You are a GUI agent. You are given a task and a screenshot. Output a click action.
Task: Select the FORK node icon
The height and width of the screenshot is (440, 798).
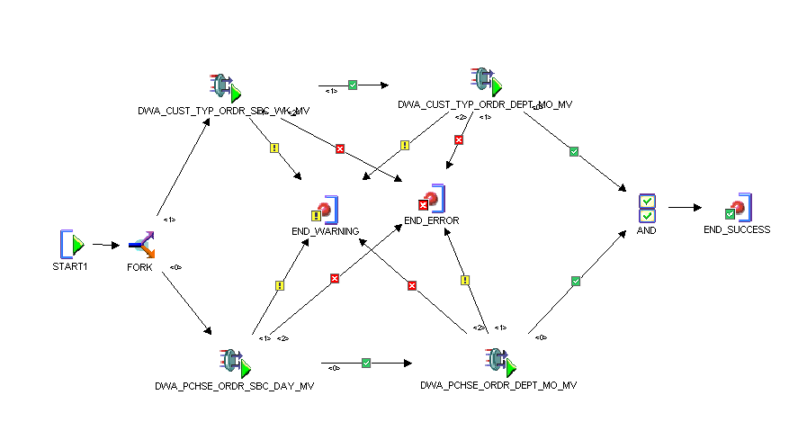(x=141, y=244)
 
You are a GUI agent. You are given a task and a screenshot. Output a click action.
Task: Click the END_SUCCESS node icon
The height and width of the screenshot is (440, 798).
(x=739, y=208)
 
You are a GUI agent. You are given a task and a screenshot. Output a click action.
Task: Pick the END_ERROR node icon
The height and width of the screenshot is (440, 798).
(x=432, y=199)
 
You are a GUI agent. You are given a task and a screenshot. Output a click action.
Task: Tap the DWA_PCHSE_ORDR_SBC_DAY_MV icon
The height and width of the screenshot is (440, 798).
(x=233, y=364)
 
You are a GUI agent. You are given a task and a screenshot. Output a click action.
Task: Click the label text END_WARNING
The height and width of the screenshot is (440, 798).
(x=325, y=231)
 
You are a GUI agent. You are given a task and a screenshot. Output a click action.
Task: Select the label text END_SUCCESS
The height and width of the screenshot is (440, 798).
(x=737, y=229)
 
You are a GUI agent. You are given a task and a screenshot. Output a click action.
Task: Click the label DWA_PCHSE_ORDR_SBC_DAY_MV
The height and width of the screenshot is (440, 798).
(x=234, y=387)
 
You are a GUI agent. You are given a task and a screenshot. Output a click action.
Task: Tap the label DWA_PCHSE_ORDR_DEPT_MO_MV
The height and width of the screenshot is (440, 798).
(x=498, y=385)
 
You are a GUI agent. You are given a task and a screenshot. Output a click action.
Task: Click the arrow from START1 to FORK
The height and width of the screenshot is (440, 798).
(x=105, y=244)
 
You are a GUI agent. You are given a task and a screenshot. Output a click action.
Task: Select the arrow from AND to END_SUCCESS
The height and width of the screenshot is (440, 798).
(x=686, y=207)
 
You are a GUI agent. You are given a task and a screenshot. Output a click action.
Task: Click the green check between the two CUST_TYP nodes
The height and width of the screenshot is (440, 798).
(x=353, y=85)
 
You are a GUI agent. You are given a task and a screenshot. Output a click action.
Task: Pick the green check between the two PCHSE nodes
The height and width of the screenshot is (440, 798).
(x=366, y=364)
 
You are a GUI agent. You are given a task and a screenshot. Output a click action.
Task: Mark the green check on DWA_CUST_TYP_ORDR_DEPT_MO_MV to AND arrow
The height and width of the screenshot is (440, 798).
(x=574, y=151)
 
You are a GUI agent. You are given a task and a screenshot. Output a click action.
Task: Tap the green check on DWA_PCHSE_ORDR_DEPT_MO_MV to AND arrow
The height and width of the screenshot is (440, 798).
(x=576, y=282)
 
